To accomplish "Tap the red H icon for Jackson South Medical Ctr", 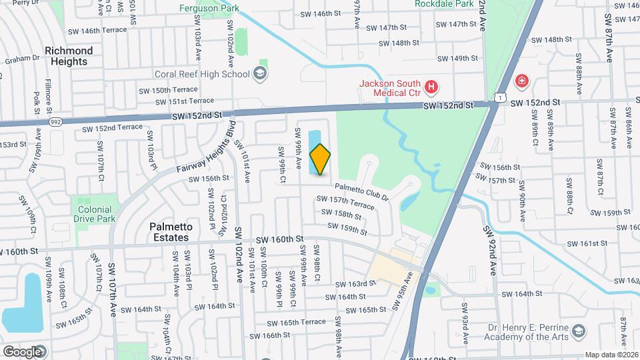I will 432,87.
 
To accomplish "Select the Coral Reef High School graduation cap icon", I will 261,74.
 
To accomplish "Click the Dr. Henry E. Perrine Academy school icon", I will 579,331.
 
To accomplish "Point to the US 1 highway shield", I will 499,97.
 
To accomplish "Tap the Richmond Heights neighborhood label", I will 69,56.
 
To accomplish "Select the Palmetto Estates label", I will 171,231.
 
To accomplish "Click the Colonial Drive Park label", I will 95,214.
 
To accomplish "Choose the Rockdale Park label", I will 444,4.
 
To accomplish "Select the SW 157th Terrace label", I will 345,202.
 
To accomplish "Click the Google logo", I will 22,351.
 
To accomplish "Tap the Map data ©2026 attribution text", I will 611,355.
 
